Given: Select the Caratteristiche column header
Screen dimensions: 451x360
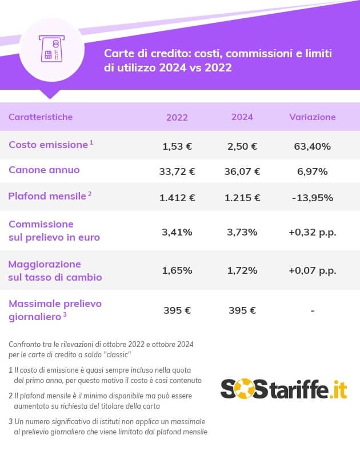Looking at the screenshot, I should coord(41,117).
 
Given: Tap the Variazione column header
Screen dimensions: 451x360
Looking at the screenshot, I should coord(312,117).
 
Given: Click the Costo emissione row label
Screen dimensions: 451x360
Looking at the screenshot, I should coord(48,145).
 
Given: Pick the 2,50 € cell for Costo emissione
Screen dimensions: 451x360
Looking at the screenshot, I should coord(242,146).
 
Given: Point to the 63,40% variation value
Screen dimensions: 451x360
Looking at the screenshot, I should coord(312,146).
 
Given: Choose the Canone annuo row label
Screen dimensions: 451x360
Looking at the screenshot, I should coord(44,170).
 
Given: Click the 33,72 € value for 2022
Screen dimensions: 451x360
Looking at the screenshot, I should coord(177,171).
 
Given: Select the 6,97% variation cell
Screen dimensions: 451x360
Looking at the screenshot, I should coord(312,171).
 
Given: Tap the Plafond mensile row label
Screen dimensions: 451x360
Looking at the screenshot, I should coord(47,197).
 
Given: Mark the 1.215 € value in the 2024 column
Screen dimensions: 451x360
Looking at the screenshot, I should coord(242,198).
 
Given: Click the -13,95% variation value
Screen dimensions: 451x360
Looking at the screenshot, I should coord(312,198).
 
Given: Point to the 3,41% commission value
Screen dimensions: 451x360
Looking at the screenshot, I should coord(177,232).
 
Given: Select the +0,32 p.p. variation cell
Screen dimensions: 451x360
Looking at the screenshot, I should coord(312,232).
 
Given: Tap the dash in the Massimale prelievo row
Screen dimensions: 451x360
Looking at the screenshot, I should coord(312,311).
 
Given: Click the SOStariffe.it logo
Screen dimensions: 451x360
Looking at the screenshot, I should coord(283,389).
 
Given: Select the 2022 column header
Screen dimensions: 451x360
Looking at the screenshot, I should coord(177,117).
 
